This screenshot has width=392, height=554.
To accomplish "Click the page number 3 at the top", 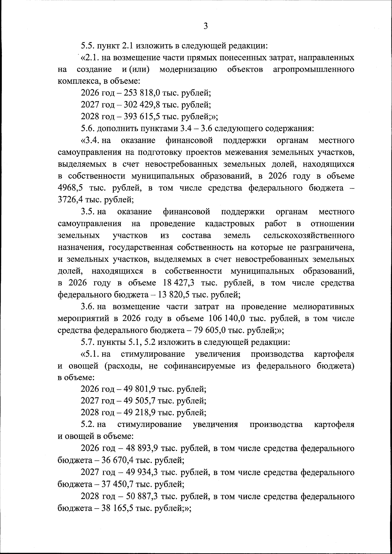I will (x=205, y=26).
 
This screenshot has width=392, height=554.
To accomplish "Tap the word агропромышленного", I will (x=314, y=69).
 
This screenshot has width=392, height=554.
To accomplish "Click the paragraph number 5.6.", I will (x=88, y=129).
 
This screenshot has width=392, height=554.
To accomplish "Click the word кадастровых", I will (x=230, y=224).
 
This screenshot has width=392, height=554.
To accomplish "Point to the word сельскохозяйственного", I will (x=309, y=236).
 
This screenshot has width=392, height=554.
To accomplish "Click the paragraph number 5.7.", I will (x=88, y=342).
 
